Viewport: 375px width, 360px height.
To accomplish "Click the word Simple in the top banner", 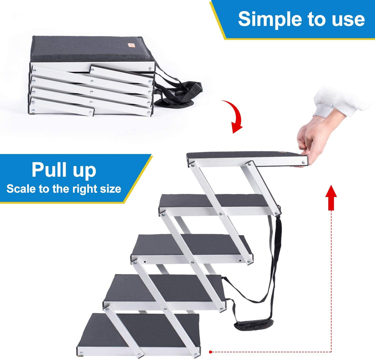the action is click(269, 19).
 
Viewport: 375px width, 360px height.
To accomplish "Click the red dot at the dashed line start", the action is click(211, 352).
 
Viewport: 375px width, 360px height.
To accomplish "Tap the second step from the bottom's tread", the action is click(165, 288).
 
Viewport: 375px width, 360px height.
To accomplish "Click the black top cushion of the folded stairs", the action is click(91, 49).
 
